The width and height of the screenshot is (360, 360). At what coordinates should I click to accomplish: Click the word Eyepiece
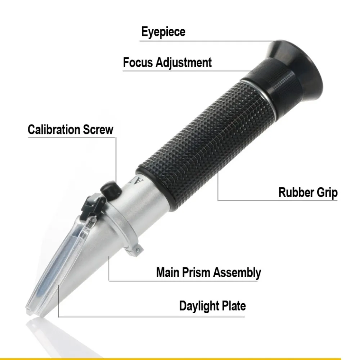pos(163,32)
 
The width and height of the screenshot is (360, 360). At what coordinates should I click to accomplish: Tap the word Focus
pos(138,62)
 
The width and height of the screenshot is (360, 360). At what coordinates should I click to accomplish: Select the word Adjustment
pos(184,62)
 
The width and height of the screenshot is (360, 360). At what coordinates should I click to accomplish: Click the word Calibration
pos(54,130)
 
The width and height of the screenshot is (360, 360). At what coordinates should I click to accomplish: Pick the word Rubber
pos(296,192)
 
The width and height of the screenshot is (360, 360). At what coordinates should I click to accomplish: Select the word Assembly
pos(237,273)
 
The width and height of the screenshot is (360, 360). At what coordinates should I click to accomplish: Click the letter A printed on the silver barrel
pos(139,181)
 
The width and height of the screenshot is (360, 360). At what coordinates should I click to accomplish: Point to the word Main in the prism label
pos(168,273)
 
